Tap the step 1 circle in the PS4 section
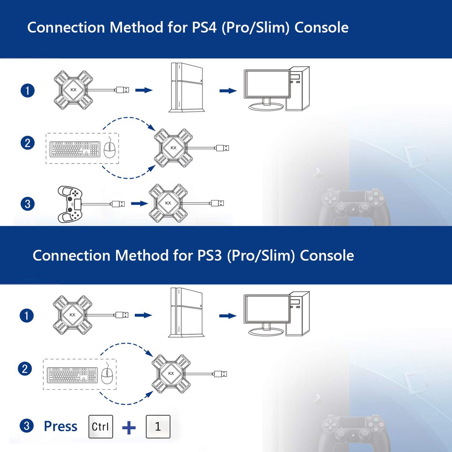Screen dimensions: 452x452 pyautogui.click(x=27, y=91)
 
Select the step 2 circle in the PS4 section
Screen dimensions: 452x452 pyautogui.click(x=27, y=143)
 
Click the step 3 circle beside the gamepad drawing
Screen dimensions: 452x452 pyautogui.click(x=27, y=204)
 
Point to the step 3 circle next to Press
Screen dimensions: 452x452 pyautogui.click(x=27, y=426)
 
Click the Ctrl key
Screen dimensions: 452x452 pyautogui.click(x=101, y=426)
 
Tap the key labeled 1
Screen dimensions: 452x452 pyautogui.click(x=158, y=426)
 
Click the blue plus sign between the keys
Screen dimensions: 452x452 pyautogui.click(x=129, y=427)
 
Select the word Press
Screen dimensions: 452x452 pyautogui.click(x=60, y=426)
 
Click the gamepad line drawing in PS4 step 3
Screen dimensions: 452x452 pyautogui.click(x=70, y=204)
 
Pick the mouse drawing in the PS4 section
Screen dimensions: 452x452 pyautogui.click(x=110, y=149)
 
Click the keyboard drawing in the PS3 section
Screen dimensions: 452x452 pyautogui.click(x=72, y=375)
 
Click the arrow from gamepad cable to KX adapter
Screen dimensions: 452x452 pyautogui.click(x=139, y=203)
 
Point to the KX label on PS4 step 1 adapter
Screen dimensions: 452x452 pyautogui.click(x=73, y=90)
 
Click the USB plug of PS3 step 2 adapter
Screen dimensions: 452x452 pyautogui.click(x=220, y=374)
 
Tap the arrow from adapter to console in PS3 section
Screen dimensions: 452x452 pyautogui.click(x=143, y=315)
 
